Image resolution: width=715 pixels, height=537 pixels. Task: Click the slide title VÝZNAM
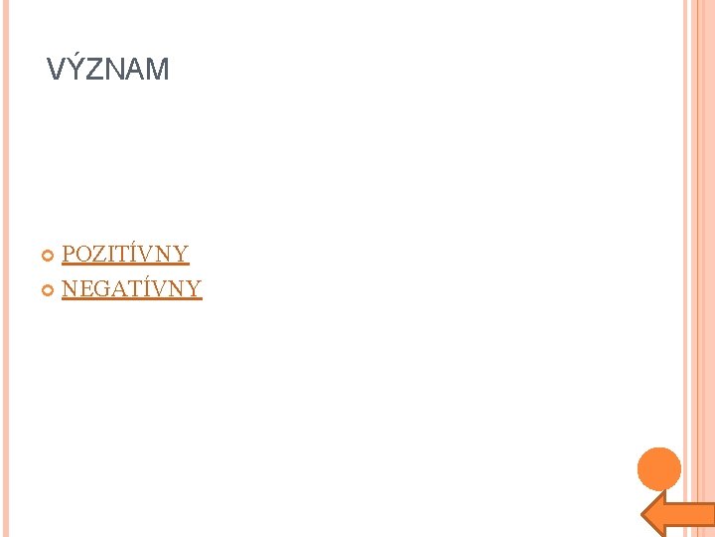pos(108,70)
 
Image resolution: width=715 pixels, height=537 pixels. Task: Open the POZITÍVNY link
pos(125,255)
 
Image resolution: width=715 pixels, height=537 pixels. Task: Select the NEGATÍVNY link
pos(131,289)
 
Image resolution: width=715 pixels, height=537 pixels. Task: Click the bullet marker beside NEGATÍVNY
pos(50,290)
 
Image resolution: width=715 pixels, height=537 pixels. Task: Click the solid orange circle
pos(658,469)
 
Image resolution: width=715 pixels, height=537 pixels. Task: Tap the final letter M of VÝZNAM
pos(157,70)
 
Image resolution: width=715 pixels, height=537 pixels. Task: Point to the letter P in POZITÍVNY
pos(69,255)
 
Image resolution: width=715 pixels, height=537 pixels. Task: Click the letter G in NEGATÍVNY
pos(100,289)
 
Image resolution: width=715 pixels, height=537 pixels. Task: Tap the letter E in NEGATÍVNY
pos(84,289)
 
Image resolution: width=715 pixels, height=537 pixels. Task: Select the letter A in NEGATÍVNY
pos(117,289)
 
